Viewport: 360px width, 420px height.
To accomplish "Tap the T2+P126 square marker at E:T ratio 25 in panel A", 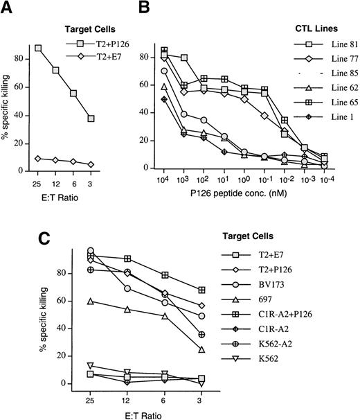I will point(37,49).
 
